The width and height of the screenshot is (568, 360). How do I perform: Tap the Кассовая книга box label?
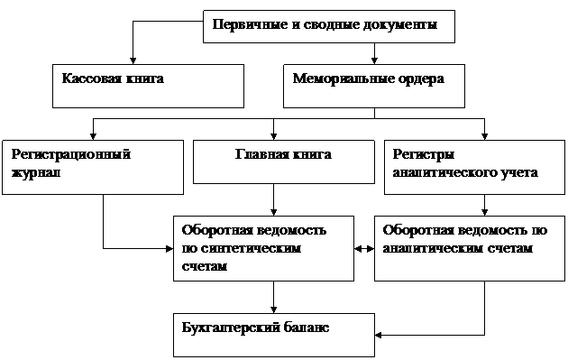[113, 78]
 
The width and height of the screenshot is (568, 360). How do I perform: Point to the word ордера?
[417, 79]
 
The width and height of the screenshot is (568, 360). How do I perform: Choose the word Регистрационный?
[71, 155]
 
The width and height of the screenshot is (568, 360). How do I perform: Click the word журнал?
[36, 173]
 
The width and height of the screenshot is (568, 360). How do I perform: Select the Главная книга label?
[283, 154]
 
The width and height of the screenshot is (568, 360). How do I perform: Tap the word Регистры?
[424, 155]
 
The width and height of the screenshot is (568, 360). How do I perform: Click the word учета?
[519, 172]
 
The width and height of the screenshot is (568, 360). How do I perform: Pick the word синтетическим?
[251, 248]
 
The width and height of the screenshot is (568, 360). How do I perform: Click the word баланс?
[306, 328]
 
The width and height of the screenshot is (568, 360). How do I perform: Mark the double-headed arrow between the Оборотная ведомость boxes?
[364, 249]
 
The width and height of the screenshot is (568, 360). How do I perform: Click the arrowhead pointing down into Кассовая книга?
[133, 61]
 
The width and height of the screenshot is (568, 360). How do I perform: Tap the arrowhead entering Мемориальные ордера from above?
[374, 61]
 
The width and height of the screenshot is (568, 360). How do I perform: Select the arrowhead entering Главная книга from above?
[273, 136]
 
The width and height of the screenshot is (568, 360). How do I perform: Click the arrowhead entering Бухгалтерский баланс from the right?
[379, 335]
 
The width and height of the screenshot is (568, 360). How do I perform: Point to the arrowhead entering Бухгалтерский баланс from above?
[273, 309]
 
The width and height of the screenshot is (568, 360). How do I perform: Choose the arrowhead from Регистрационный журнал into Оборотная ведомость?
[169, 249]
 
